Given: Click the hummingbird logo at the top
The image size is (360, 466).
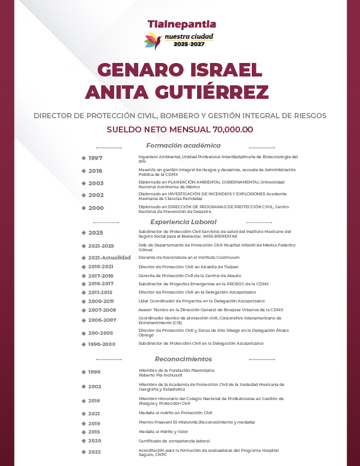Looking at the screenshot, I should [153, 41].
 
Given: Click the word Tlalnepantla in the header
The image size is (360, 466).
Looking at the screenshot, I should [182, 25].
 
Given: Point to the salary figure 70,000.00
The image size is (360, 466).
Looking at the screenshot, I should [233, 129].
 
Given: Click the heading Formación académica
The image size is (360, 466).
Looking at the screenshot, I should [184, 145].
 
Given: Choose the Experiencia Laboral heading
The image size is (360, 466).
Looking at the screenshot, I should [183, 222].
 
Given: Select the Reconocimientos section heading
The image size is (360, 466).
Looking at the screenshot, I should [184, 359].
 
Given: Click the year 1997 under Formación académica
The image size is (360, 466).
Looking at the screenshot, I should [95, 158].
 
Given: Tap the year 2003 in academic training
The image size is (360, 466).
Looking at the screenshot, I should [96, 183].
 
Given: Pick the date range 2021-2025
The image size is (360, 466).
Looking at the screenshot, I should [101, 246].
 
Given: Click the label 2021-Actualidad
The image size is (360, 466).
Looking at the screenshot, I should [109, 258].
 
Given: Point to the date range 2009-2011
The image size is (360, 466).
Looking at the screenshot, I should [101, 301].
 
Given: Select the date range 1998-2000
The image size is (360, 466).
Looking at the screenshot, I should [101, 344].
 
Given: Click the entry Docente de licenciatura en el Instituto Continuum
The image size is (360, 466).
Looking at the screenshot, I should [189, 257].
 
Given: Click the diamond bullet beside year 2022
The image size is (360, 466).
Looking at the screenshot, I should [84, 451].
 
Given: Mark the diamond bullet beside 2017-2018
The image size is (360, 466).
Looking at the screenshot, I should [84, 275].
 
